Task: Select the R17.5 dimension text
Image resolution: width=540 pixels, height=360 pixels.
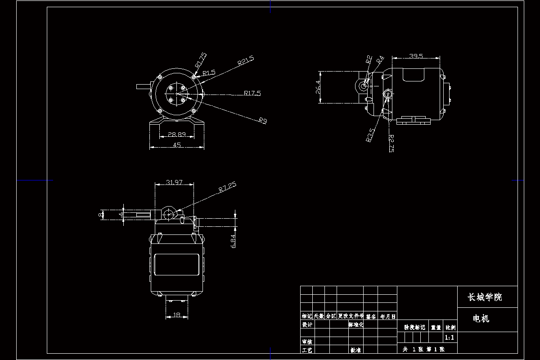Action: (x=252, y=93)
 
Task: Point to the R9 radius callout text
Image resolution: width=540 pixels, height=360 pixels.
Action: (x=263, y=120)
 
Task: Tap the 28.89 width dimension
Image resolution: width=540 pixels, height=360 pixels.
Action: (x=177, y=135)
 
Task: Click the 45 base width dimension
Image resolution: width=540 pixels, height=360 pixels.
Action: (x=177, y=145)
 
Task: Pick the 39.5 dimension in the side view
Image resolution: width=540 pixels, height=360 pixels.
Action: (x=416, y=56)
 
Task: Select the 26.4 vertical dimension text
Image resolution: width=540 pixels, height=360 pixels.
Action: (x=318, y=87)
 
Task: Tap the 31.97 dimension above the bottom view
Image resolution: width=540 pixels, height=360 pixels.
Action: (x=174, y=182)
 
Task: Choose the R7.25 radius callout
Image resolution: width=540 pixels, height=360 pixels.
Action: (x=227, y=187)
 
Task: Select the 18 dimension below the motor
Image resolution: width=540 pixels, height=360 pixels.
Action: (x=177, y=315)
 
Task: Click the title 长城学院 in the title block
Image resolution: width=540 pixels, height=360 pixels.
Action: (x=485, y=297)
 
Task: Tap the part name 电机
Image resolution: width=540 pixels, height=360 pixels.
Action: (x=481, y=319)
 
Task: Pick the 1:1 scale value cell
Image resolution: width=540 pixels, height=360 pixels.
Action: (x=449, y=337)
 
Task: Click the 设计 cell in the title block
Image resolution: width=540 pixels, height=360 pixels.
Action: (x=307, y=324)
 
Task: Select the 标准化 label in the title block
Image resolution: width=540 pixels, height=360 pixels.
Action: (x=355, y=324)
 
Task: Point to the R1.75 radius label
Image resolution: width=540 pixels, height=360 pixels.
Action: (x=201, y=60)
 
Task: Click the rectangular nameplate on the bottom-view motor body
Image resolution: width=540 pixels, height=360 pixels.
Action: (x=176, y=265)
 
